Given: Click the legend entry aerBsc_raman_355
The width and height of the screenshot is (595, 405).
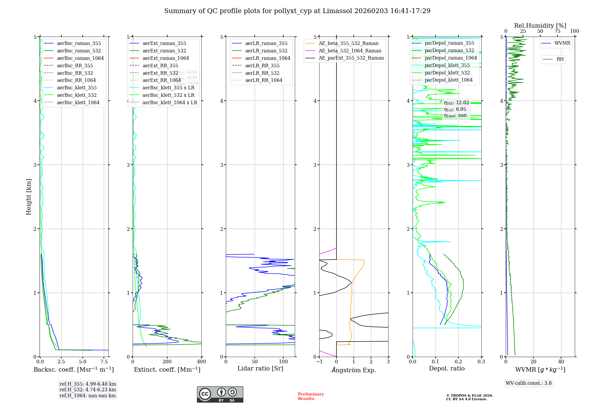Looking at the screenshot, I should coord(79,43).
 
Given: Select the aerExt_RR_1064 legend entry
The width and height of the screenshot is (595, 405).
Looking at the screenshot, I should coord(162,80).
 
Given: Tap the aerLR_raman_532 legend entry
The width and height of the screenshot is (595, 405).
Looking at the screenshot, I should coord(266,51).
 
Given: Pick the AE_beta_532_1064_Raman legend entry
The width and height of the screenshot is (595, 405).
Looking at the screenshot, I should coord(350,51).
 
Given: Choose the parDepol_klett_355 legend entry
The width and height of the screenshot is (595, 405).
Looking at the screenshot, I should coord(447,66).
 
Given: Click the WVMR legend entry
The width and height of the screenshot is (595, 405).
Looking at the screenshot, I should coord(562,43).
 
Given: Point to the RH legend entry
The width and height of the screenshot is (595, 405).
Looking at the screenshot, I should coord(560,59).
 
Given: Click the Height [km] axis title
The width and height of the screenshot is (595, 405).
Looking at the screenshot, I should coord(29,197).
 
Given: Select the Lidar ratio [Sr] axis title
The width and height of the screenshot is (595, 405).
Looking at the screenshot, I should coord(260,369).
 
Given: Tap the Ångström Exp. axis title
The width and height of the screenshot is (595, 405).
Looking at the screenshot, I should coord(354,370).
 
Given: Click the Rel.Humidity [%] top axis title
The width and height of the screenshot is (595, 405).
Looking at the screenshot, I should coord(540,26).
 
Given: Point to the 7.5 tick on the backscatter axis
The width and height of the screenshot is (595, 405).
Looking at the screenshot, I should coord(104,362).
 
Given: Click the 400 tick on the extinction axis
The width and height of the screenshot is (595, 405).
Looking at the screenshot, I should coord(202,362).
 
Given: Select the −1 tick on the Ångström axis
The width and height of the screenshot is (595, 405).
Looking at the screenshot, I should coord(319,362).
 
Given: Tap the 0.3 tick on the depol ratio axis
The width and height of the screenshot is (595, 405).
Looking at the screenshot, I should coord(481,362).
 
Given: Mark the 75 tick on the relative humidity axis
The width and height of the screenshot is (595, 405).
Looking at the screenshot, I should coord(558,31).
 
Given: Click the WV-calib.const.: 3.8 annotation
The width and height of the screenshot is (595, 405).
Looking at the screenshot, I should coord(529,383).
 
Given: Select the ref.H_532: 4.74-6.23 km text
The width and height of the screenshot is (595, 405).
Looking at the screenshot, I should coord(87,390).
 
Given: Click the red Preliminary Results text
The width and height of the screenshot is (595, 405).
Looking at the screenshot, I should coord(311,396).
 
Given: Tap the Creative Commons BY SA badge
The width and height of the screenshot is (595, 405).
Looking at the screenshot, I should coord(220,394).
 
